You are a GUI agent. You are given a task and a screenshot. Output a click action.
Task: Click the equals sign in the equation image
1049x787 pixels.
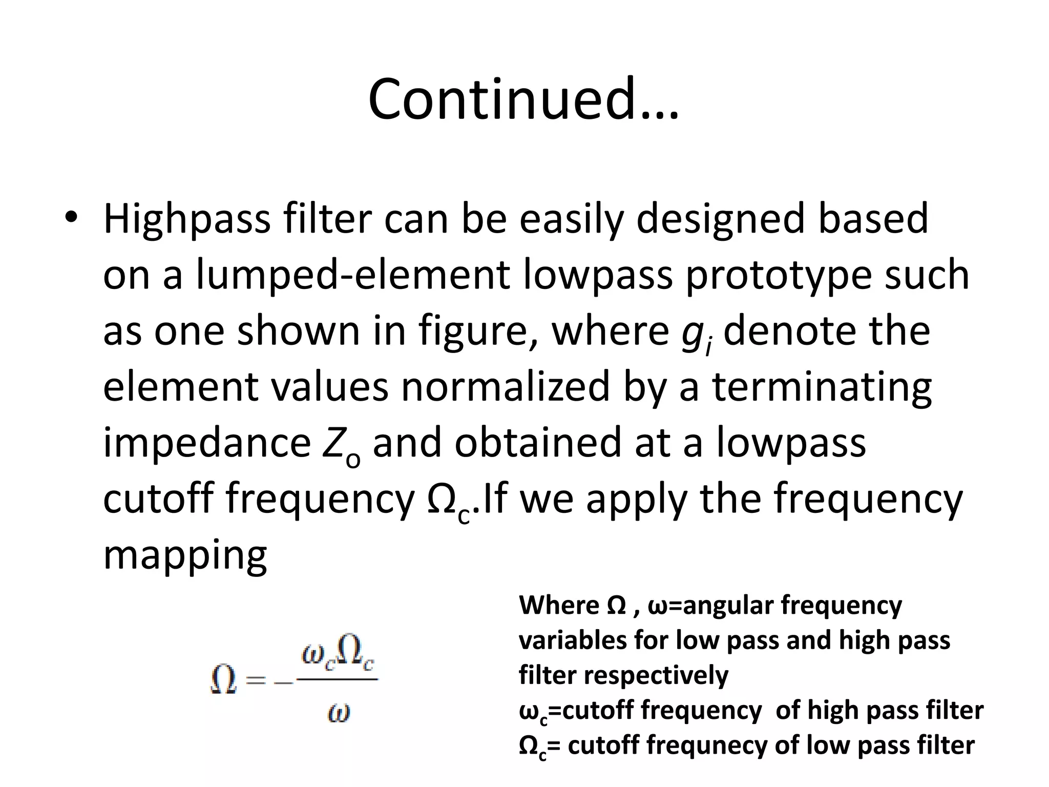click(x=257, y=681)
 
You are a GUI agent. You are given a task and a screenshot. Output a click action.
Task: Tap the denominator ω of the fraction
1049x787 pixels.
click(x=338, y=712)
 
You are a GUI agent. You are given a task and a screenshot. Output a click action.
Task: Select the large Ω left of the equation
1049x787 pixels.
click(x=224, y=680)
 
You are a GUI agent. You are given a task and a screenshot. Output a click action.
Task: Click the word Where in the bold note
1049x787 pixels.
click(x=559, y=606)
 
